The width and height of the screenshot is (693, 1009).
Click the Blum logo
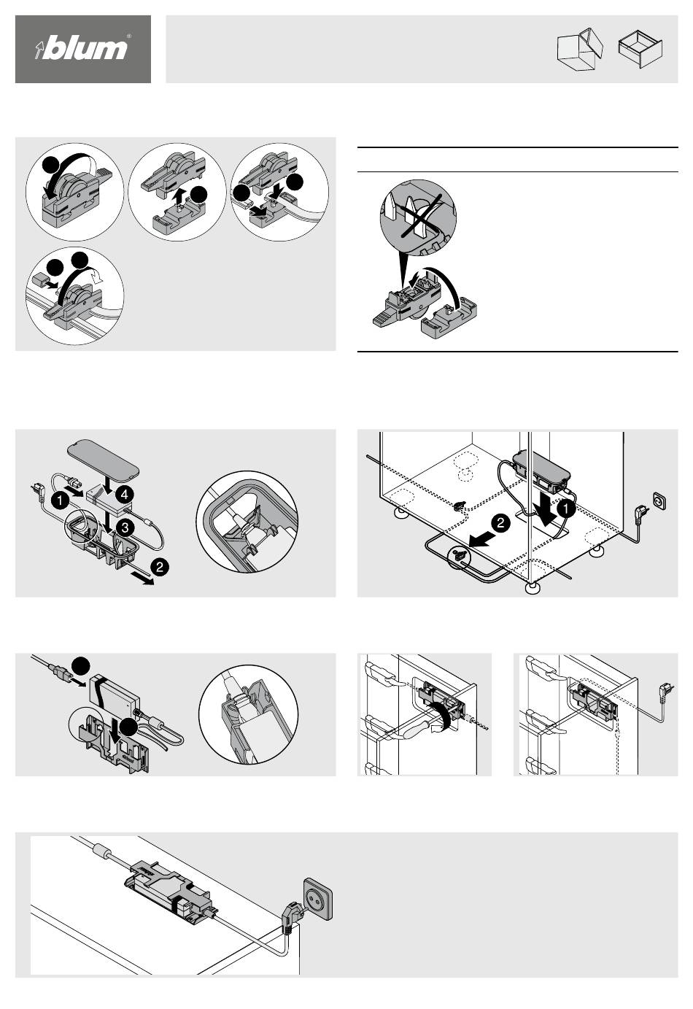[82, 49]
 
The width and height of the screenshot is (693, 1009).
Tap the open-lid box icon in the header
[579, 50]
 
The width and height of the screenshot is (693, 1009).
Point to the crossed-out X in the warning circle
[415, 216]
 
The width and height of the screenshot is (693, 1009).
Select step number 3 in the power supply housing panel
[125, 527]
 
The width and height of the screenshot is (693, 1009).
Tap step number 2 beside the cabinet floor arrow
[500, 524]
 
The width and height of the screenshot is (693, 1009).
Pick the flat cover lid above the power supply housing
[102, 457]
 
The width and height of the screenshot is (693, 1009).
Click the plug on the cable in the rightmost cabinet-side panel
[666, 687]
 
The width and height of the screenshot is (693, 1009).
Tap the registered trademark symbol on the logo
[129, 36]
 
